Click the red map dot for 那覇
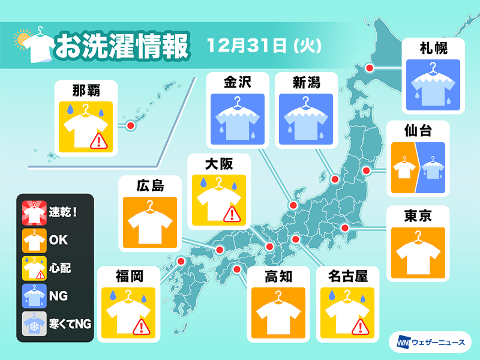pyautogui.click(x=130, y=125)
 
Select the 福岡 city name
pyautogui.click(x=129, y=277)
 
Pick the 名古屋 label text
pyautogui.click(x=346, y=277)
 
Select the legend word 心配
pyautogui.click(x=61, y=268)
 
